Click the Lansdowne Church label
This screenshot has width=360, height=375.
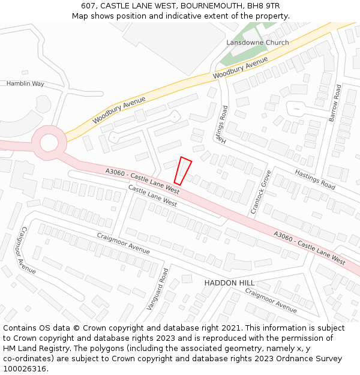pos(257,43)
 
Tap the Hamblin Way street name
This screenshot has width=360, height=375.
pos(25,83)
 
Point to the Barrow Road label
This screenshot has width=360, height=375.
pos(334,103)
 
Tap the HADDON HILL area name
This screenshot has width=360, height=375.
pos(229,283)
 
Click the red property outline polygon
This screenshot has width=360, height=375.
pos(183,171)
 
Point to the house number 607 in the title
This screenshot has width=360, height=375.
pos(88,6)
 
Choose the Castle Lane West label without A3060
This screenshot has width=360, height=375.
pos(153,196)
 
